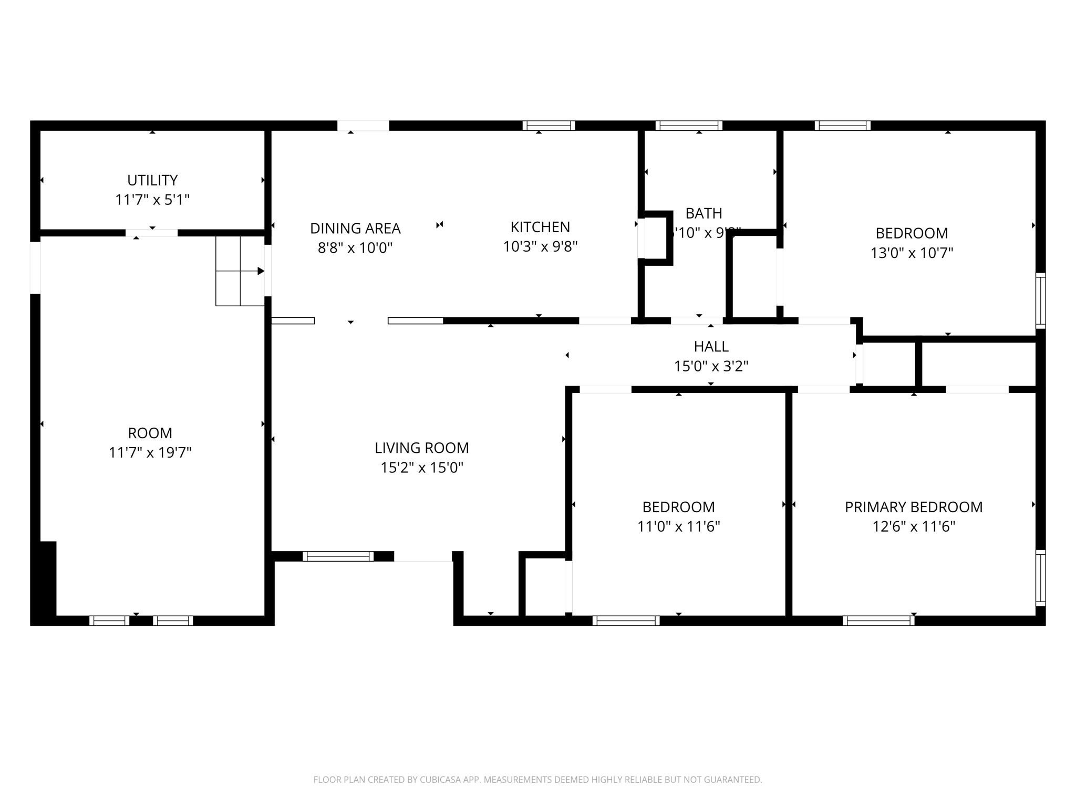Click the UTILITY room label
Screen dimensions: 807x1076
(152, 180)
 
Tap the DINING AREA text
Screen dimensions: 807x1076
(355, 229)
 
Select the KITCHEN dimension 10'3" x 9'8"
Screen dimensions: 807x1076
(540, 246)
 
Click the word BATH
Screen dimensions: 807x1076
(703, 213)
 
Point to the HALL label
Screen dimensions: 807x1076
(711, 346)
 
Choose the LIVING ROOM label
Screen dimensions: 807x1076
(421, 448)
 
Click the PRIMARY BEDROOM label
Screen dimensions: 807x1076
(913, 507)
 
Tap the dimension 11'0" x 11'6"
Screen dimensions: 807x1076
(678, 526)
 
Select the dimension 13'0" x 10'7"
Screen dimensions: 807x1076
(912, 253)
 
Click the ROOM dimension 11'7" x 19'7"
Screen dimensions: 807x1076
(150, 452)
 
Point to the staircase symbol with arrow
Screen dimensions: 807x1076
(240, 271)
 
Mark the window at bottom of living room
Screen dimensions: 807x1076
(338, 556)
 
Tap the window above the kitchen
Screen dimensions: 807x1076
(549, 126)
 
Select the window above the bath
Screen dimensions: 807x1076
(688, 126)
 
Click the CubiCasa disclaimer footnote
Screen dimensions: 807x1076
(537, 780)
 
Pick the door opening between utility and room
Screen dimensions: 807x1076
(151, 233)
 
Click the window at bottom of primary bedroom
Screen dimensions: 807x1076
(878, 620)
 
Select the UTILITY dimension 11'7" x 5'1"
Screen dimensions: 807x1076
(152, 200)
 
